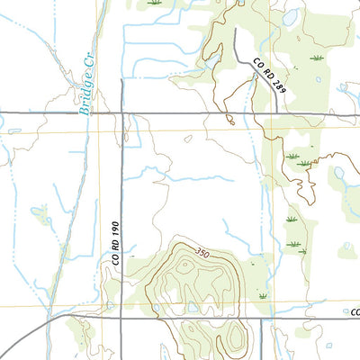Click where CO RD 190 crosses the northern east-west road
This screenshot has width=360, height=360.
122,113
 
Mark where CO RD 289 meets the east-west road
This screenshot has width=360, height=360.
288,113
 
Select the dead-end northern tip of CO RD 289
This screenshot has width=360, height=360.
236,29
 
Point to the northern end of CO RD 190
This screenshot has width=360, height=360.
122,80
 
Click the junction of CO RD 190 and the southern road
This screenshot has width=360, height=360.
122,317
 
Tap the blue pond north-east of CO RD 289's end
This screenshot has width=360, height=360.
290,16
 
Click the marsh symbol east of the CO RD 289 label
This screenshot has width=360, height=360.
316,58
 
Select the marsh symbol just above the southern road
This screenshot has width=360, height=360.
262,296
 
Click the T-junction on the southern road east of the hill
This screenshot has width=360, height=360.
262,319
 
